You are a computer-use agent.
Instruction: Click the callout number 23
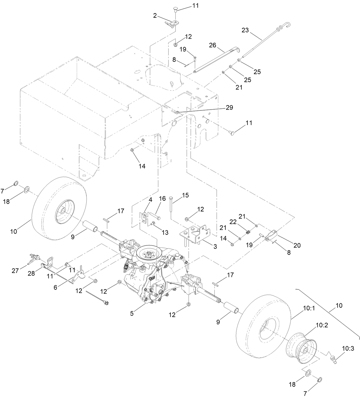[x=245, y=30]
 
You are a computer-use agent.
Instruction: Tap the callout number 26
[x=212, y=45]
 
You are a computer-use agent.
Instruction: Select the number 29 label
[x=229, y=108]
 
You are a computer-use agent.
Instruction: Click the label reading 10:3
[x=348, y=349]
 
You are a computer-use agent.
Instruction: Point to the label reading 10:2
[x=322, y=325]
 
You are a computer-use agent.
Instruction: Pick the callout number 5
[x=132, y=313]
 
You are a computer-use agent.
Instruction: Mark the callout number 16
[x=162, y=199]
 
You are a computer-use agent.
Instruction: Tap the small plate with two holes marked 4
[x=144, y=219]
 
